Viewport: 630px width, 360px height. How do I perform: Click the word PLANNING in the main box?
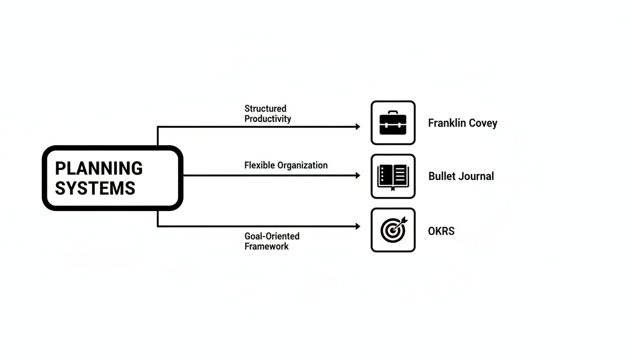coord(98,168)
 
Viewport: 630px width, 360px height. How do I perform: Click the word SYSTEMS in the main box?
coord(95,188)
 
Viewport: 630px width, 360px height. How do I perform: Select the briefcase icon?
coord(393,123)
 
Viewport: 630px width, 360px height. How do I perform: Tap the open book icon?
coord(393,176)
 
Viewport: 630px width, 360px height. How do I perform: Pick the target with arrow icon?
coord(393,230)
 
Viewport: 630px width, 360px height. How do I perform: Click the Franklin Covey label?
coord(462,123)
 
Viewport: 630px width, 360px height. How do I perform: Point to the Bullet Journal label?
coord(461,176)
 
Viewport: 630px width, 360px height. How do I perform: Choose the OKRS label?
coord(441,231)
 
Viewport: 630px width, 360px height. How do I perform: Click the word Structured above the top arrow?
coord(265,109)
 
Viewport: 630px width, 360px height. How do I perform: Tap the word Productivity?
coord(268,119)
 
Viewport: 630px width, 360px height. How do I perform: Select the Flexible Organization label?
coord(286,165)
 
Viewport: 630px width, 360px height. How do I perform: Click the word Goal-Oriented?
coord(272,236)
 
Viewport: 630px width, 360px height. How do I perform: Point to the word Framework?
coord(266,246)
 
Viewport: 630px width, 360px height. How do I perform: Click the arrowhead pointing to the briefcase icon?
coord(358,127)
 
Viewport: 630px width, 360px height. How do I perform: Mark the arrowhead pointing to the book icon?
coord(358,175)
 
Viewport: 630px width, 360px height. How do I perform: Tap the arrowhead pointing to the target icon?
coord(358,226)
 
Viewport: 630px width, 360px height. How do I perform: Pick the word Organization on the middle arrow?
coord(302,165)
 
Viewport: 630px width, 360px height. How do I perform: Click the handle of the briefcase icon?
coord(393,113)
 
